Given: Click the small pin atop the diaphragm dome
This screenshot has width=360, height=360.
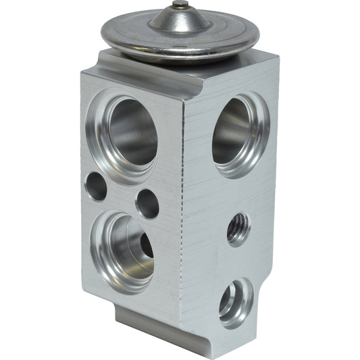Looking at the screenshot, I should [179, 5].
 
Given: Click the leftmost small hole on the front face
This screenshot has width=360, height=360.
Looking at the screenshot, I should [96, 186].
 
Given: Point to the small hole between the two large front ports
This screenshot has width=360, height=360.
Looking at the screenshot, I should [147, 203].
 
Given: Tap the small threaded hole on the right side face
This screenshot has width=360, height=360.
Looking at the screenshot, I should [238, 229].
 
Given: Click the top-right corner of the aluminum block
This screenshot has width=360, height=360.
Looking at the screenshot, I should [278, 59].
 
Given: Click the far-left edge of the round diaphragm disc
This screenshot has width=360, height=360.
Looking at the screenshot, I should [101, 33].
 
